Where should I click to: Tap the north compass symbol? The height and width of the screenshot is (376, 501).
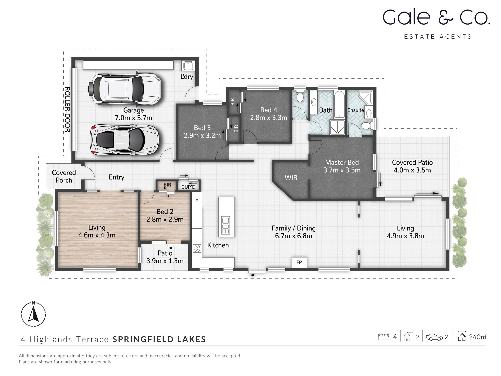[33, 314]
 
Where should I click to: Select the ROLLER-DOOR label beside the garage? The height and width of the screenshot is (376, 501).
[67, 110]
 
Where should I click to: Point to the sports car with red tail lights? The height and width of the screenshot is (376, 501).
[124, 139]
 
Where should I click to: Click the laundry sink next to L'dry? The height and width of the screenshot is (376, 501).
[188, 66]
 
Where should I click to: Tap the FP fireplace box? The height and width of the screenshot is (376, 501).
[299, 262]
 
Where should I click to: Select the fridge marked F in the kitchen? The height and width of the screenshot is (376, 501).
[197, 201]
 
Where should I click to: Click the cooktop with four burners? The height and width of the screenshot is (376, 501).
[197, 248]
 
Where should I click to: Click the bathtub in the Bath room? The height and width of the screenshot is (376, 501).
[340, 104]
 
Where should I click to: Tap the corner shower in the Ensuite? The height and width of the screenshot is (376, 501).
[365, 97]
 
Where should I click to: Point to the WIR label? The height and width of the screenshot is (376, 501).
[291, 178]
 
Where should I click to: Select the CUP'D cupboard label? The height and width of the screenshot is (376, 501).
[188, 187]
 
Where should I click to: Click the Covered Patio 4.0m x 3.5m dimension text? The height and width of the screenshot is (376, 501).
[412, 170]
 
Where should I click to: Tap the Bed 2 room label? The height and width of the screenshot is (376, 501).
[165, 212]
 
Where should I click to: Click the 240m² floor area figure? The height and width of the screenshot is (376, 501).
[477, 337]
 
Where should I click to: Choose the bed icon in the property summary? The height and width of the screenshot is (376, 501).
[383, 336]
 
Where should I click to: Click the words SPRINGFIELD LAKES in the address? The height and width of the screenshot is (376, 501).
[159, 339]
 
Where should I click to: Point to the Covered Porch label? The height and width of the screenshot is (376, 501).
[64, 176]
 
